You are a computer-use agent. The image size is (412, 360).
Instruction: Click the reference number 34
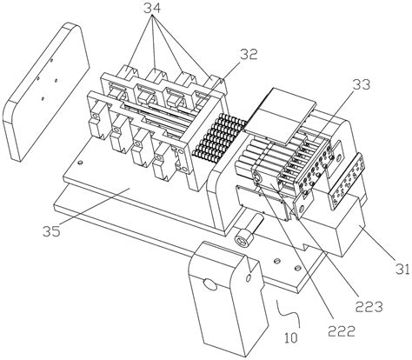point(152,9)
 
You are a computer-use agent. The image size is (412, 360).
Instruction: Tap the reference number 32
point(249,54)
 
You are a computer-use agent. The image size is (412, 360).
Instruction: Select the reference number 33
point(362,84)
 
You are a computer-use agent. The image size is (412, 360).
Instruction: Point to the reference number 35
point(52,231)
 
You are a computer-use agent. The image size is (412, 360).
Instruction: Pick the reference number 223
point(369,306)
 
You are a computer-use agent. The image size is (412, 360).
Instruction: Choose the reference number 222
point(342,330)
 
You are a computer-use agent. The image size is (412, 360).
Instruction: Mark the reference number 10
point(291,337)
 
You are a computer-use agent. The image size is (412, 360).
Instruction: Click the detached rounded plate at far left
point(46,91)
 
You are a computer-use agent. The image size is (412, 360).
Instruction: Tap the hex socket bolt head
point(243,240)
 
